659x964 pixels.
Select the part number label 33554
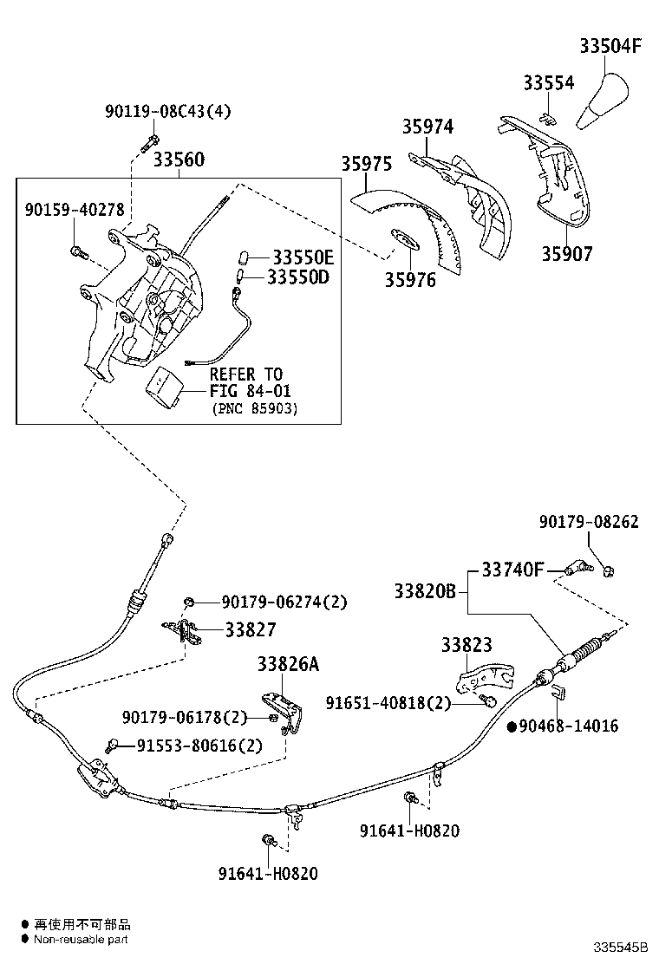tap(548, 83)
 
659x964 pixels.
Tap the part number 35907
tap(567, 254)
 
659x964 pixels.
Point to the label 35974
tap(427, 127)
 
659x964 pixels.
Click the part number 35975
tap(366, 164)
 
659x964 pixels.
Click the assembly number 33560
tap(179, 160)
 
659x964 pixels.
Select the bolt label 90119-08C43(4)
tap(156, 111)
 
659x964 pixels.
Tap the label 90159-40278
tap(74, 210)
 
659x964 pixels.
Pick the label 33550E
tap(303, 257)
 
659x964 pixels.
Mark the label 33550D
tap(297, 277)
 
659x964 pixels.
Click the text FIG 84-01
tap(250, 392)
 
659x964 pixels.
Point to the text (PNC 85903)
tap(254, 408)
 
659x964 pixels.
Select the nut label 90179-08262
tap(588, 522)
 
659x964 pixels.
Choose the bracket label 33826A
tap(288, 664)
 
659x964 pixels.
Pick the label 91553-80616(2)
tap(187, 746)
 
